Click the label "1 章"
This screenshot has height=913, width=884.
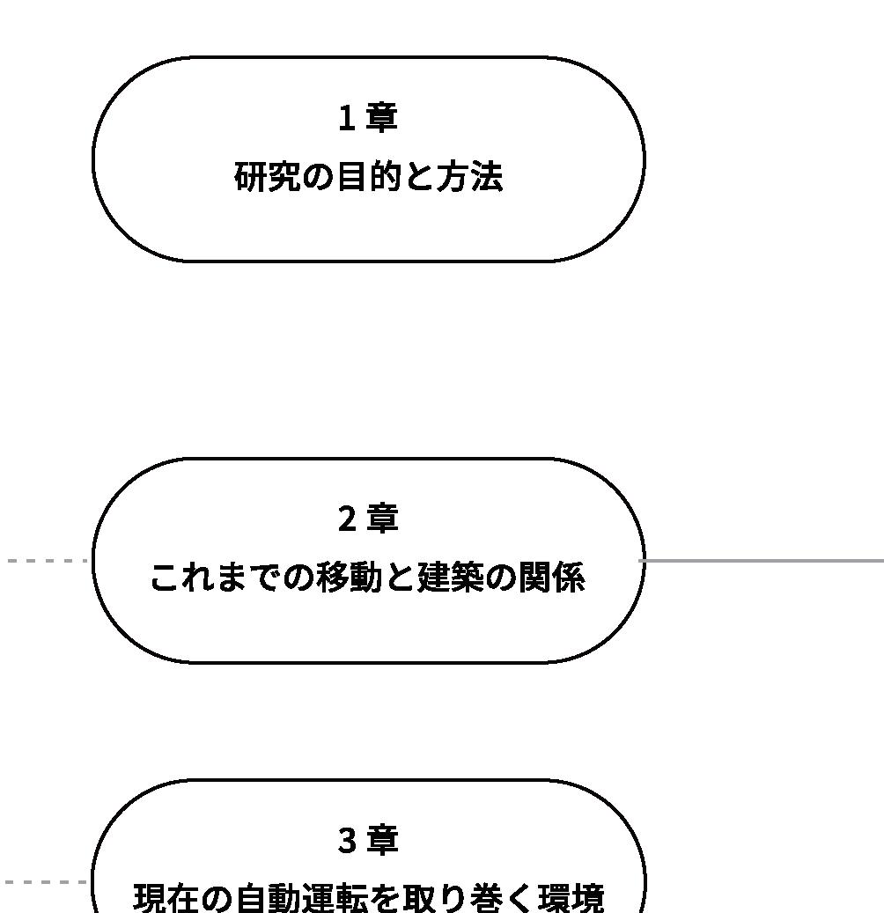tap(368, 118)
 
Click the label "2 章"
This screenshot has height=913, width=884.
tap(368, 519)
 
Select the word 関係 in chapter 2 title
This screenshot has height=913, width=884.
tap(552, 578)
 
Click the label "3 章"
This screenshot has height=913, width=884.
tap(368, 840)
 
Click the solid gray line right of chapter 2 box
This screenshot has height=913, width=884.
tap(762, 560)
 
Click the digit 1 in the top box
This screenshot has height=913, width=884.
tap(347, 118)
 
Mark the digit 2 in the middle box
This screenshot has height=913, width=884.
tap(347, 519)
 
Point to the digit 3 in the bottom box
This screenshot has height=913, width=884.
tap(347, 840)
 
